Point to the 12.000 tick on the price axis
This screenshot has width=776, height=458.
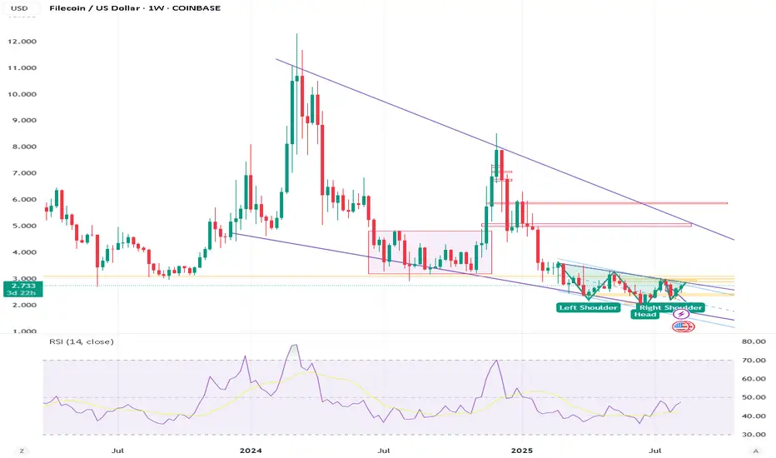click(22, 42)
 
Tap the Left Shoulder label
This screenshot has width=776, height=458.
click(588, 307)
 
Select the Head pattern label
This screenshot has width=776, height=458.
click(644, 314)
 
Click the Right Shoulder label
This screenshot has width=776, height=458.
click(671, 307)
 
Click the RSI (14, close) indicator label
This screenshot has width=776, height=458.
click(81, 341)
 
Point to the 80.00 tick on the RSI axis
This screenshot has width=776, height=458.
click(753, 341)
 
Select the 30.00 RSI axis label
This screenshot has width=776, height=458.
click(753, 434)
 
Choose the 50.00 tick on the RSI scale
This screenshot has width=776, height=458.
click(753, 397)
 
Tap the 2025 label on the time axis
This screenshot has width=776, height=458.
click(522, 450)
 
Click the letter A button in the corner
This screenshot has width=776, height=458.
click(754, 450)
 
